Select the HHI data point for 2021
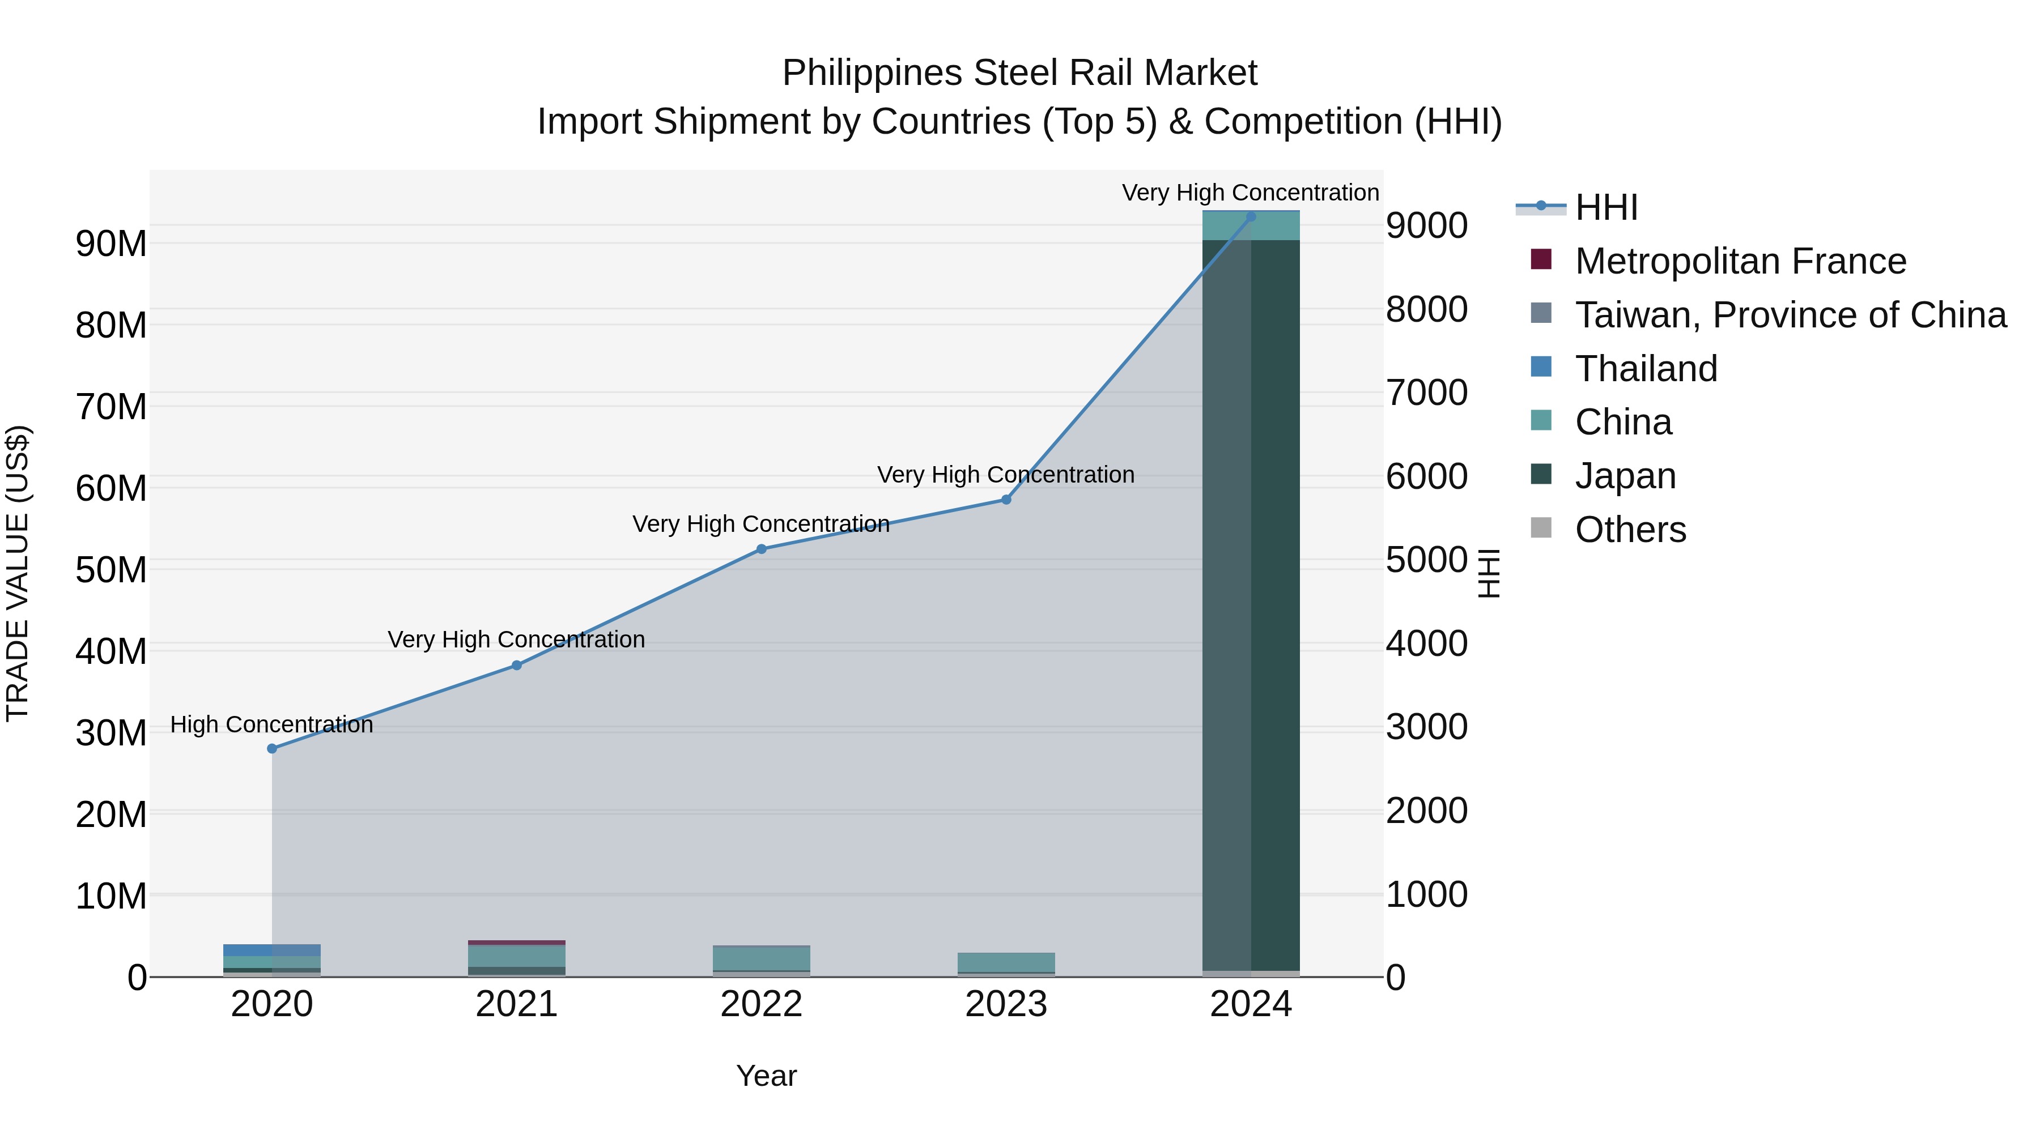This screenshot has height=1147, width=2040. click(516, 665)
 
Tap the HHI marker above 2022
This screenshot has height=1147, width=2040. click(761, 548)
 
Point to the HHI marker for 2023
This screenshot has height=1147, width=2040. click(1006, 500)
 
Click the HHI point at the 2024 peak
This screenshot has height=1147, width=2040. click(1251, 216)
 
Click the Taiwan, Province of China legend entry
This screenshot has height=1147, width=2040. click(1790, 315)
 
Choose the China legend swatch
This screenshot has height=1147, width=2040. click(1541, 420)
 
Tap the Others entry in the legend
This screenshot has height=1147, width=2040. click(1630, 530)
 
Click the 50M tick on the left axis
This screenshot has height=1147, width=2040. click(111, 570)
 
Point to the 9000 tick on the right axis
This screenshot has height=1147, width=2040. click(1426, 225)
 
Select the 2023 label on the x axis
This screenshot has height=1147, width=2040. click(1006, 1004)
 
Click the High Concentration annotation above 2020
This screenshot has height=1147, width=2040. click(271, 724)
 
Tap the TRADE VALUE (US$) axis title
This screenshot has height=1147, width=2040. click(18, 573)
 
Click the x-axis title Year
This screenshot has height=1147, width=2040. click(766, 1076)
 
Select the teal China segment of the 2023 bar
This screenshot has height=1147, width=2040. click(1006, 962)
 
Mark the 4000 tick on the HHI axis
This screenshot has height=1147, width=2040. click(1426, 643)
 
